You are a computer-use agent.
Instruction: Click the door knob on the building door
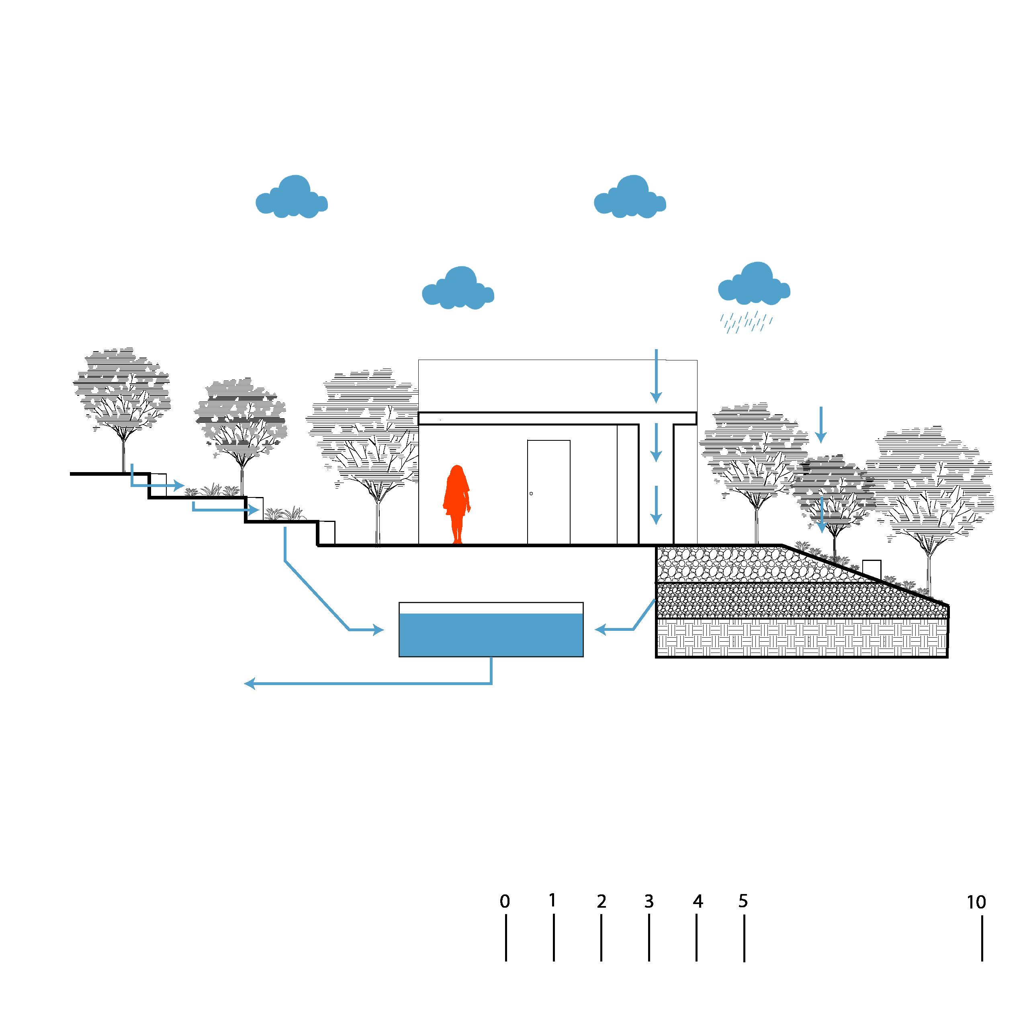tap(531, 493)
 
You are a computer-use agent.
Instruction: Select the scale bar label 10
tap(976, 902)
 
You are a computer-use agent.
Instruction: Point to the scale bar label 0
tap(505, 901)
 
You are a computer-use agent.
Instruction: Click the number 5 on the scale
tap(743, 901)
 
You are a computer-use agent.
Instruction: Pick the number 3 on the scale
tap(649, 901)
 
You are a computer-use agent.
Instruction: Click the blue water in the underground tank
tap(491, 635)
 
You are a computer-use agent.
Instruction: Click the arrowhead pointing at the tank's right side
tap(600, 630)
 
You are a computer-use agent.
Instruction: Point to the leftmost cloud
tap(291, 197)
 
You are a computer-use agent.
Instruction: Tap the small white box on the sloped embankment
tap(872, 570)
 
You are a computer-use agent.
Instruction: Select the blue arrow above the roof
tap(656, 376)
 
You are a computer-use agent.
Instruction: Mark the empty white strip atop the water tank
tap(491, 608)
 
